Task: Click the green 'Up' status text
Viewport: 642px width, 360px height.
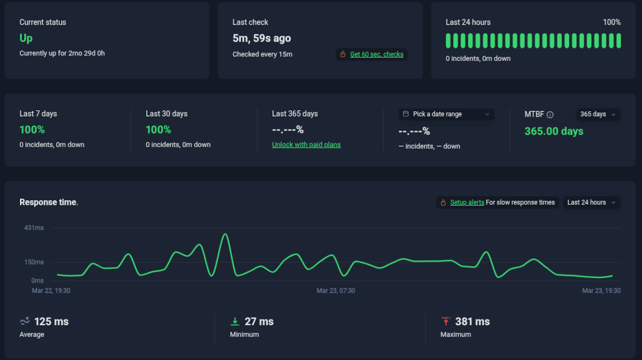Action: (26, 38)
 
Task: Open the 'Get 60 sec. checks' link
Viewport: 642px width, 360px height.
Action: (377, 54)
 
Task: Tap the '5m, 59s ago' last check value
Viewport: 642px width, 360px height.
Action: (262, 38)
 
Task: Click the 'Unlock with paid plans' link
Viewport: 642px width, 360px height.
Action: (306, 144)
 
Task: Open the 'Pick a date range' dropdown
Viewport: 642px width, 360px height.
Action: (446, 114)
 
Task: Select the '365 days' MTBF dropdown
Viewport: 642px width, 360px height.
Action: (598, 114)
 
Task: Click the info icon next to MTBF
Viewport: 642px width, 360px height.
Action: (550, 114)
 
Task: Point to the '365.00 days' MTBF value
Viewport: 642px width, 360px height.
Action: (554, 131)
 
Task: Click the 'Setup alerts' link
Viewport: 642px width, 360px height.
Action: (467, 202)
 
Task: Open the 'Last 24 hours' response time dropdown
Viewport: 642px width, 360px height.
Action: (591, 202)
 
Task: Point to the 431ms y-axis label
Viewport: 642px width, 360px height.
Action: (34, 228)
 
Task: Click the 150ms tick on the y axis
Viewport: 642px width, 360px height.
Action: (34, 262)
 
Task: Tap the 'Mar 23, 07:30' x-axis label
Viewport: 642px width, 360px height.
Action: (335, 291)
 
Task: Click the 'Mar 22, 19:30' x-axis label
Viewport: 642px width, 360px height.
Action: (51, 291)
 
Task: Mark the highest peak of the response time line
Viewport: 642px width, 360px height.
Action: (225, 234)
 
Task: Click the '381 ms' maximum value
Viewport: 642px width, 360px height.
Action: (472, 321)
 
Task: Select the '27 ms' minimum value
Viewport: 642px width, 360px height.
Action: (259, 321)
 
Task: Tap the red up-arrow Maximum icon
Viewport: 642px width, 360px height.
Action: (446, 321)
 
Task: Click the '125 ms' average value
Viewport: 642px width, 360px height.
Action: (51, 321)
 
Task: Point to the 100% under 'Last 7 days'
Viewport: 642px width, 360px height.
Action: (32, 129)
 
